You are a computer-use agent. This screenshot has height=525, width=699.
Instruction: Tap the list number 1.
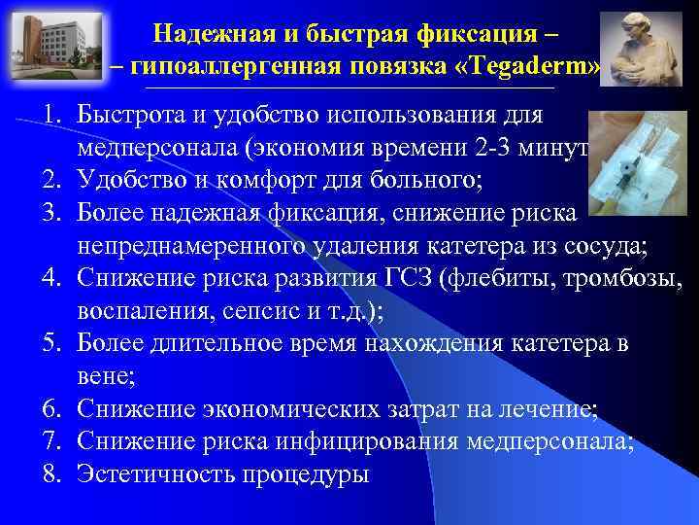pos(50,114)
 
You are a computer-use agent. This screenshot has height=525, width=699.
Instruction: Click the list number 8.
pos(50,475)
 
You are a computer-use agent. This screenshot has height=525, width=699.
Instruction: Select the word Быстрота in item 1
pos(132,114)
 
